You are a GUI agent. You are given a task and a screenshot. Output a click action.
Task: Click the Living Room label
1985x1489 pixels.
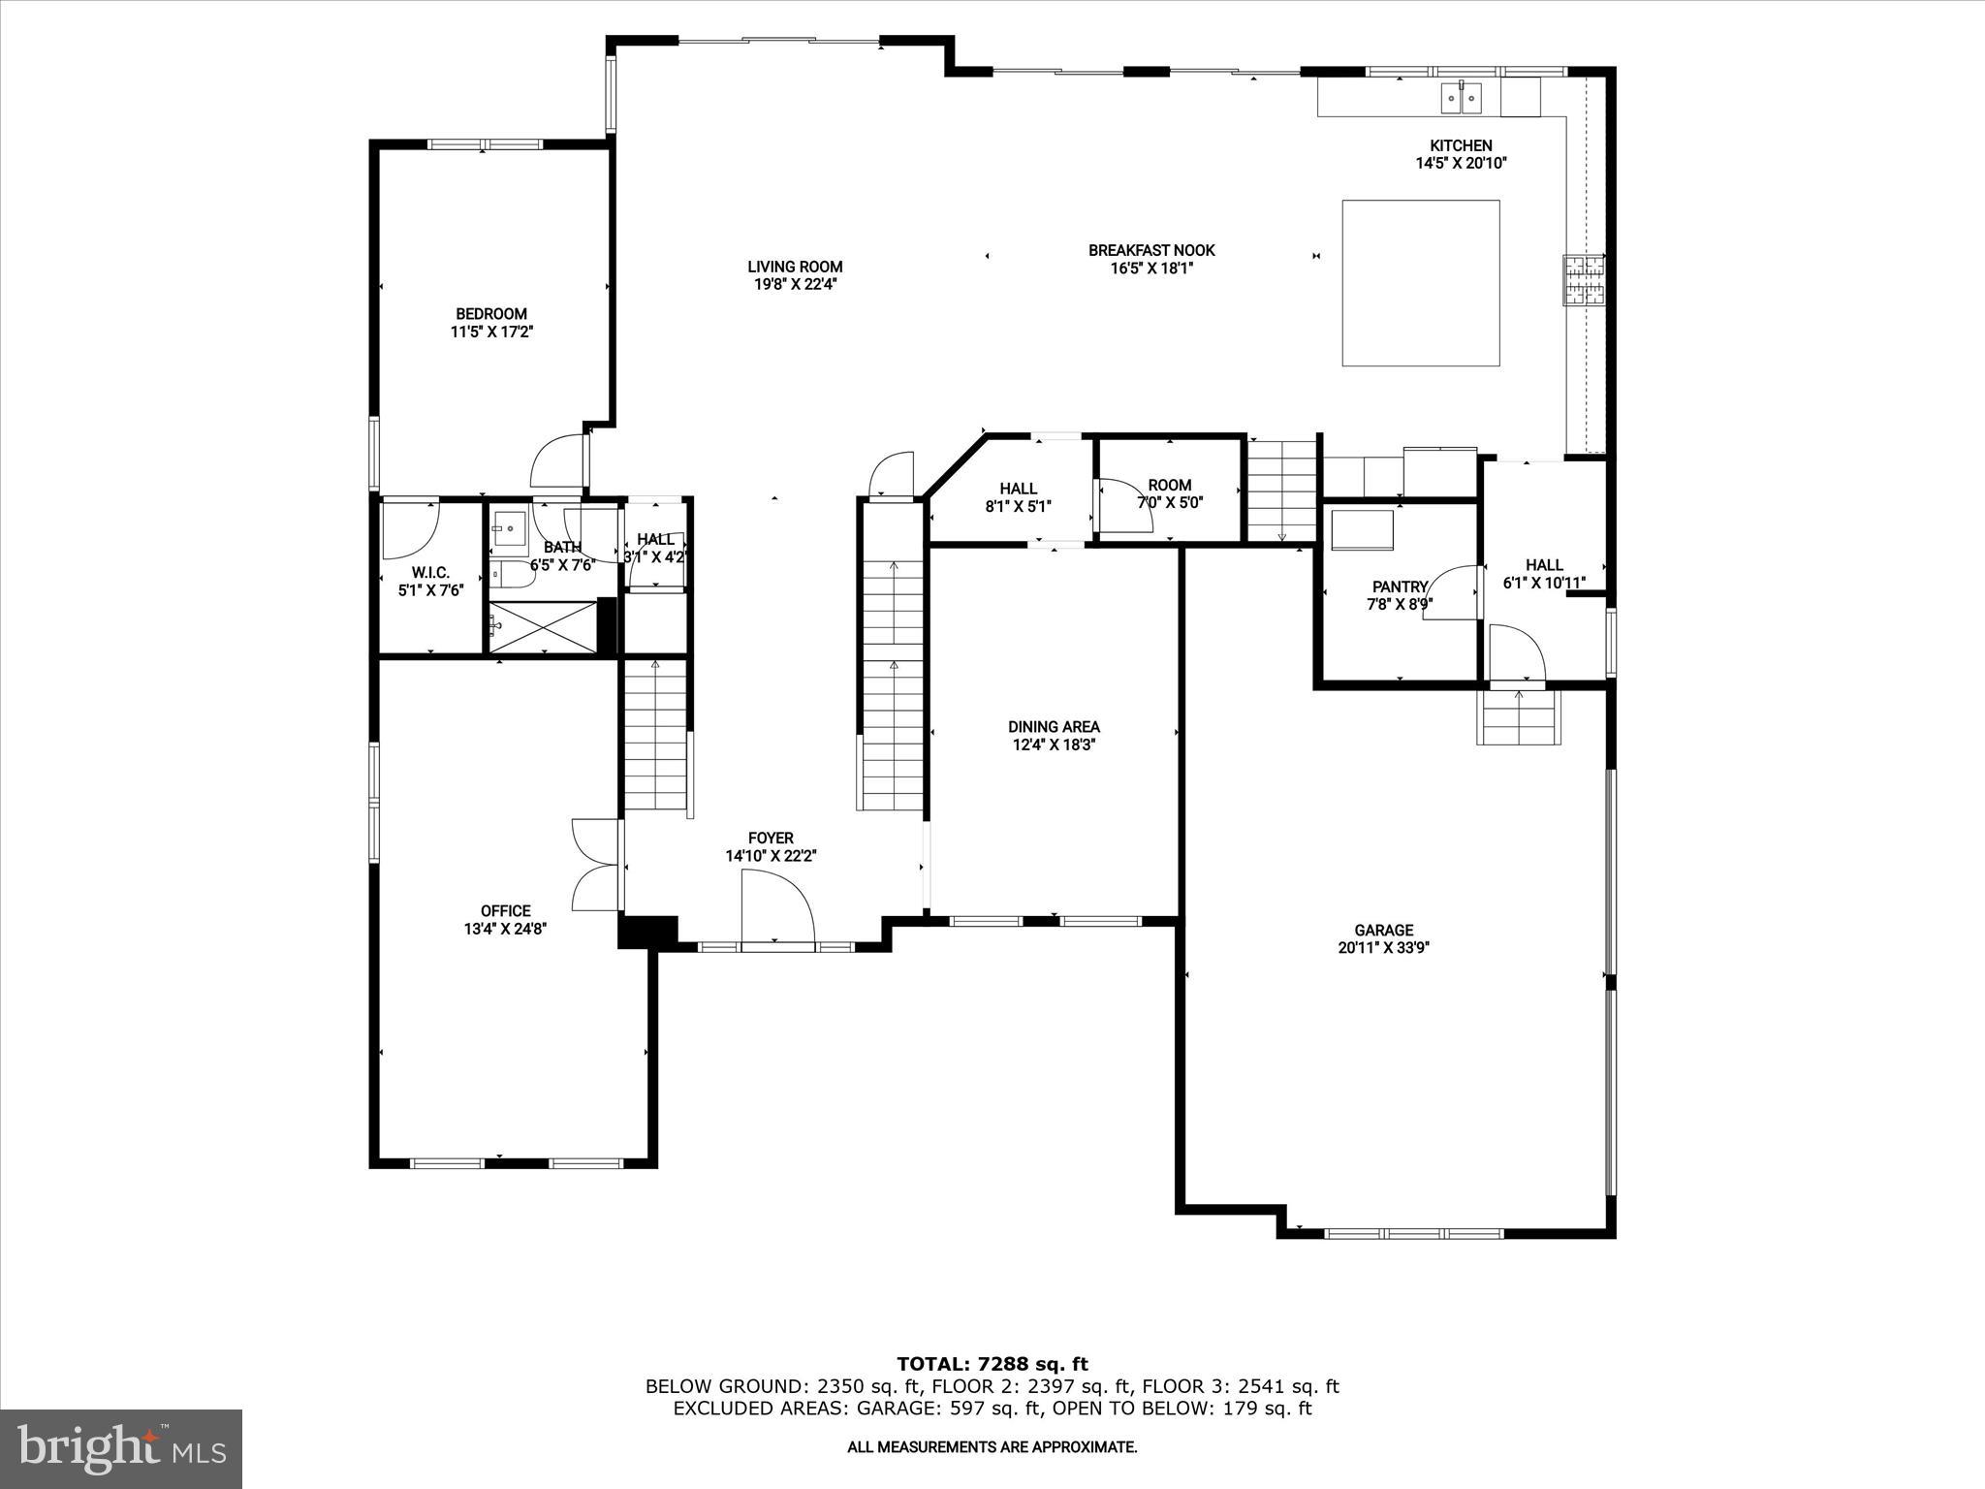pyautogui.click(x=795, y=267)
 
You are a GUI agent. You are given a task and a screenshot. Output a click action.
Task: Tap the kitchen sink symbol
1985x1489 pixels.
pyautogui.click(x=1461, y=97)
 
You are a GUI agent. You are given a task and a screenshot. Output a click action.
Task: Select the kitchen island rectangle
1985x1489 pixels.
pyautogui.click(x=1420, y=283)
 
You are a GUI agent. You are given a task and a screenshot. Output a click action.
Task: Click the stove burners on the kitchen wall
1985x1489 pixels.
pyautogui.click(x=1583, y=280)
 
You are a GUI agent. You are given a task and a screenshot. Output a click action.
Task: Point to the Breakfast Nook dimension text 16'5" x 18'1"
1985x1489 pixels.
pyautogui.click(x=1151, y=269)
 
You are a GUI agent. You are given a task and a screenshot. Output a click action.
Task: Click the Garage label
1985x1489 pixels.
pyautogui.click(x=1383, y=930)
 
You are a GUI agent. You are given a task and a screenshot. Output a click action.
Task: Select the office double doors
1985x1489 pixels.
pyautogui.click(x=595, y=865)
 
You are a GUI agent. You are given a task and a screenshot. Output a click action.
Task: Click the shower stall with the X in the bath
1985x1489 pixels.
pyautogui.click(x=542, y=627)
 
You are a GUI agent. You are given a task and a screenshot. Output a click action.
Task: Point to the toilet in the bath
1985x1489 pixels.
pyautogui.click(x=511, y=576)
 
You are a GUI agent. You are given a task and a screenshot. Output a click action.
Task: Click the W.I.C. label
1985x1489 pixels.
pyautogui.click(x=430, y=573)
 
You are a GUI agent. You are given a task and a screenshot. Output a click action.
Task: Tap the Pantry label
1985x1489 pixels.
pyautogui.click(x=1400, y=586)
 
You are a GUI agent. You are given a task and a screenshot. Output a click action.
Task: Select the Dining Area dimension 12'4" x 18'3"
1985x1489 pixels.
pyautogui.click(x=1054, y=744)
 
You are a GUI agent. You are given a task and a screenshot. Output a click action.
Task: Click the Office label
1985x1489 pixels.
pyautogui.click(x=505, y=910)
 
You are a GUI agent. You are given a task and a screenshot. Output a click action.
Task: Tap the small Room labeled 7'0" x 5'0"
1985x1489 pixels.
pyautogui.click(x=1169, y=492)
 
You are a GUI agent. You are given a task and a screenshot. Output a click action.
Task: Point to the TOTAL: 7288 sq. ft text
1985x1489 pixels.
pyautogui.click(x=992, y=1365)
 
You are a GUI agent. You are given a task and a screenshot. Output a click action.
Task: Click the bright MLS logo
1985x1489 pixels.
pyautogui.click(x=121, y=1448)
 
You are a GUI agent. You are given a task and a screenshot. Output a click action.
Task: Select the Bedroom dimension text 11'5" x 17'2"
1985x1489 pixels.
pyautogui.click(x=492, y=332)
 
